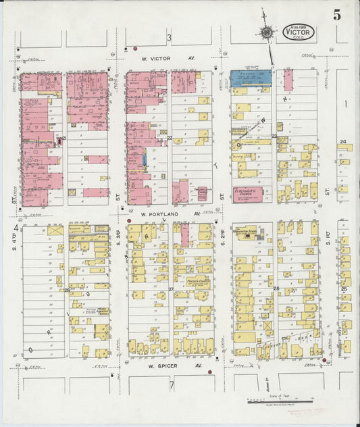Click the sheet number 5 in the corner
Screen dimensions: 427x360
coord(336,15)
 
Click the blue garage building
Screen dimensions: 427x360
coord(251,78)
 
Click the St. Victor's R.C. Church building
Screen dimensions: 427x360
coord(252,193)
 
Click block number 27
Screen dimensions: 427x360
coord(170,289)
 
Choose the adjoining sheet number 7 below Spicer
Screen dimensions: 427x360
coord(172,386)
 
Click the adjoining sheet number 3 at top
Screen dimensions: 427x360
coord(170,37)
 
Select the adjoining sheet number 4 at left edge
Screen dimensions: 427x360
coord(15,228)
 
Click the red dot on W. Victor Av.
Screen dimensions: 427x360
coord(135,49)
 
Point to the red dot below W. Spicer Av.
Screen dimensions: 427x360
coord(210,372)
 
